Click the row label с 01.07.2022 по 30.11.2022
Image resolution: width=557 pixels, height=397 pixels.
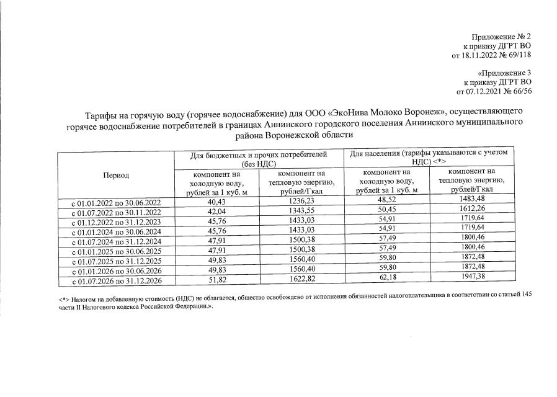(x=116, y=212)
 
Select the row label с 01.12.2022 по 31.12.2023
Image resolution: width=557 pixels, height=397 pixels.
(x=116, y=221)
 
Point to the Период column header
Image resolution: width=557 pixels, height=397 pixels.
(x=116, y=175)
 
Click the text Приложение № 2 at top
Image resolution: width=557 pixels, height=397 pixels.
(x=502, y=37)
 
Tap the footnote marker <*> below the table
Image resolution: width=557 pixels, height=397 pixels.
(x=56, y=299)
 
